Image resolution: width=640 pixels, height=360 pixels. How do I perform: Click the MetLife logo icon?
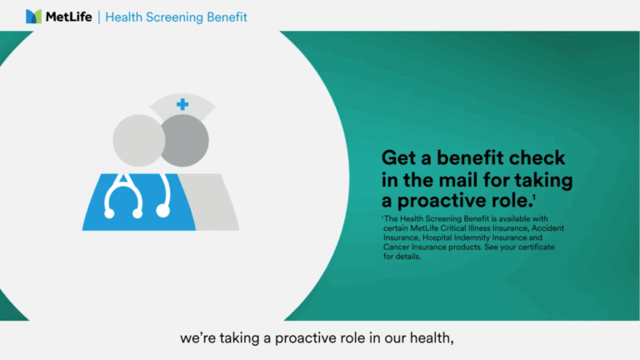33,17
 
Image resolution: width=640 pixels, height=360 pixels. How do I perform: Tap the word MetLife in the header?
68,17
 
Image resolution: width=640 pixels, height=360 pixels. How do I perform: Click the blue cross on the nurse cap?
182,104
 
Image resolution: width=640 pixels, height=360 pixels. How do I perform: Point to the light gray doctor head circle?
138,140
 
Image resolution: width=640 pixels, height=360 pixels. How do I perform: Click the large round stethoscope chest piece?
162,211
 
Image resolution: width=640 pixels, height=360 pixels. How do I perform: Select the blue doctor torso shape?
139,202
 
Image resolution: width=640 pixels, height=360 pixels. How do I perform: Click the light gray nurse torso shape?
210,202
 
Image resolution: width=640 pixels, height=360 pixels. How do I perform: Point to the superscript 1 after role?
534,197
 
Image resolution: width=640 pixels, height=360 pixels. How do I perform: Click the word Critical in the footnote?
453,228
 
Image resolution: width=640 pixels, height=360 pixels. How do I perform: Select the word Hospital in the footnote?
437,237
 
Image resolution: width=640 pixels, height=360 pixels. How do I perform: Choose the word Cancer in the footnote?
396,247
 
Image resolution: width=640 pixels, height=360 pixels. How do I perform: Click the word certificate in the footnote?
537,247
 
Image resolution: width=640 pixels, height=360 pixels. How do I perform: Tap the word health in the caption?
432,338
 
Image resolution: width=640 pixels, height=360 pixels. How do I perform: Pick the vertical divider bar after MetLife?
99,17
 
